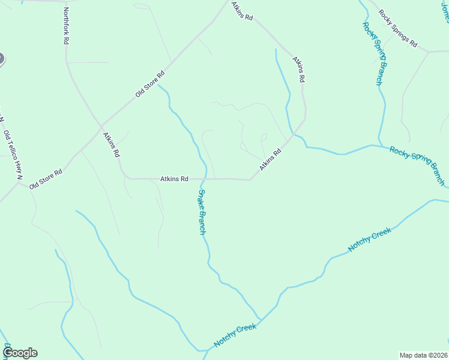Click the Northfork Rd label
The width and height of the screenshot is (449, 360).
66,26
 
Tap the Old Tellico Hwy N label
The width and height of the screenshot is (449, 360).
13,155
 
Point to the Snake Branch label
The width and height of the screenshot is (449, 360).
202,212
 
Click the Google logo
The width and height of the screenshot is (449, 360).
20,353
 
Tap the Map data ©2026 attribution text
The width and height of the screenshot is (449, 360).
424,355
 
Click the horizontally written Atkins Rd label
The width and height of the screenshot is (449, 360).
175,179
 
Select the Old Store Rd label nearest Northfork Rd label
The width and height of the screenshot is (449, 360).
149,85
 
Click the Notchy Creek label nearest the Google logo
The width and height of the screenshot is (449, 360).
235,336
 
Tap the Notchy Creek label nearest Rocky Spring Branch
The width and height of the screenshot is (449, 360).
369,239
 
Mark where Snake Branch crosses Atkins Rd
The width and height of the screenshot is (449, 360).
204,179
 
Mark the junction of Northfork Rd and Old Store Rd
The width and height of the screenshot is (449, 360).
101,126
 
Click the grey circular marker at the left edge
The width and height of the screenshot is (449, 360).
1,59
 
